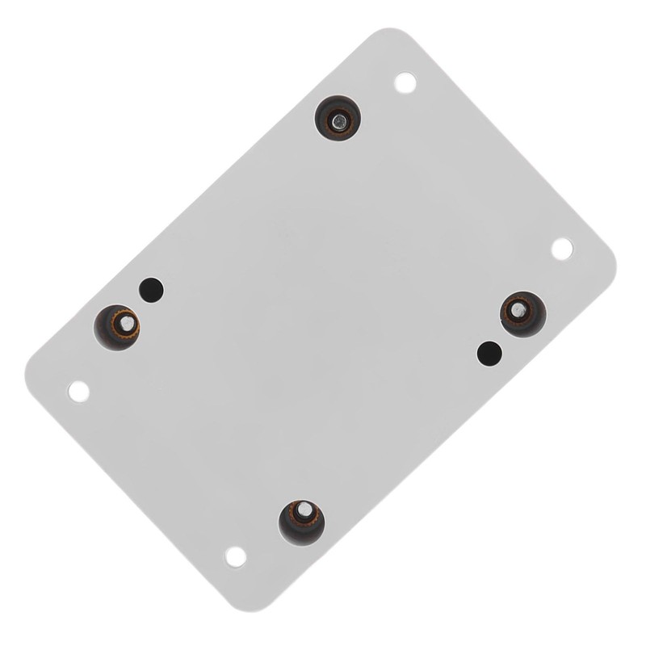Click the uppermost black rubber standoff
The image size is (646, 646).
pos(338,118)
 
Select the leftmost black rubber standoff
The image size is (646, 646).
pos(117,327)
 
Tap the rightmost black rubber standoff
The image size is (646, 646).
pos(522,313)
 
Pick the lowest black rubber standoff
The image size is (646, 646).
pos(301,522)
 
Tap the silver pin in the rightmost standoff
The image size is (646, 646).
pos(518,308)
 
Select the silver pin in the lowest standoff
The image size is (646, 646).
pos(305,510)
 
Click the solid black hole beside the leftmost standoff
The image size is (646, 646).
pos(151,289)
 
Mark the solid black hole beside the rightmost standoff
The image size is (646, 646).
pos(489,353)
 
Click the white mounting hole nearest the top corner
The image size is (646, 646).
pos(405,82)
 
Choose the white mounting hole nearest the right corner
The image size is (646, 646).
pos(561,249)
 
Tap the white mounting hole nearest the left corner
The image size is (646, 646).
pos(78,392)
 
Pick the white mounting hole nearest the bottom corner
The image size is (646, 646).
pos(236,556)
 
